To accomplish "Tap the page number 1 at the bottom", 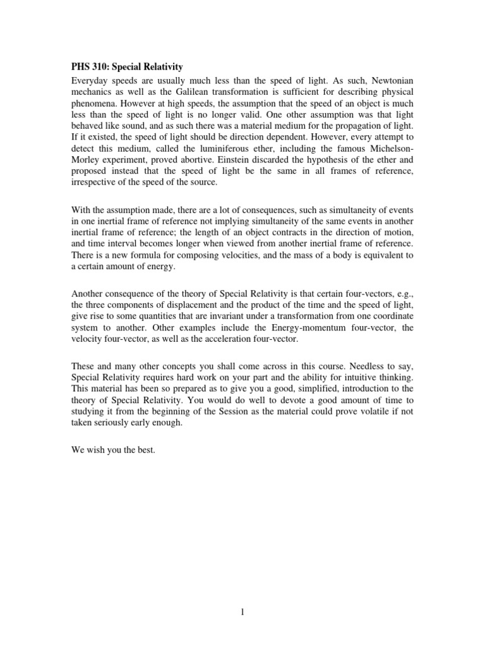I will pos(242,612).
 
